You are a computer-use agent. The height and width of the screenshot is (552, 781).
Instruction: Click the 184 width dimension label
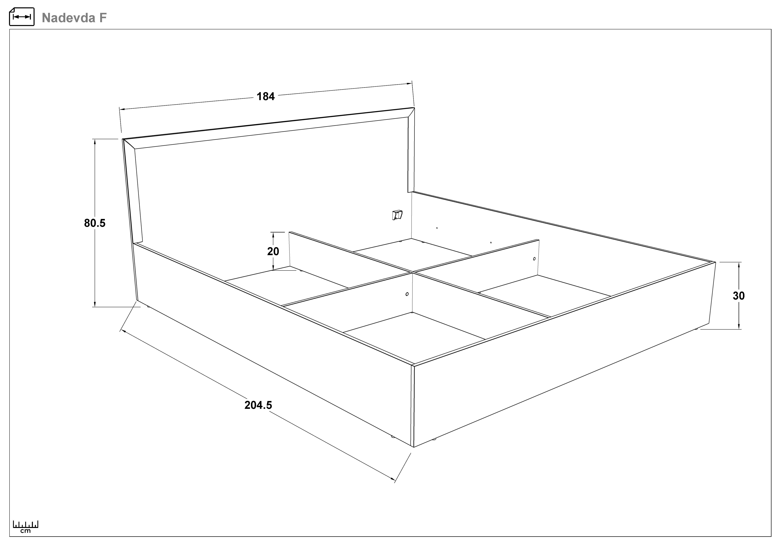point(266,96)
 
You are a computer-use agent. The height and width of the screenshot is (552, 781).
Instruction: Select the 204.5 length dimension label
point(258,405)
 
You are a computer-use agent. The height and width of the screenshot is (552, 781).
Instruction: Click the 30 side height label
point(738,296)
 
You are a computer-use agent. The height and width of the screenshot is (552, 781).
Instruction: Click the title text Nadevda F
point(74,18)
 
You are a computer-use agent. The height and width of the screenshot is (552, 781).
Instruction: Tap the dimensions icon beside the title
point(22,17)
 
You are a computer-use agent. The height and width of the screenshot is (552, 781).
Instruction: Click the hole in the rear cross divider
point(534,259)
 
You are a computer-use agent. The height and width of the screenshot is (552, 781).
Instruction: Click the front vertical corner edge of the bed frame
point(413,406)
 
